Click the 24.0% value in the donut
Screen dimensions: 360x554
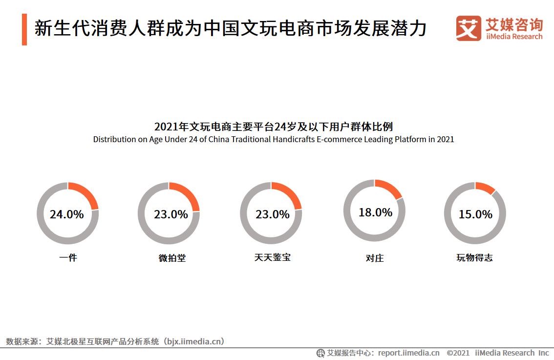tap(67, 214)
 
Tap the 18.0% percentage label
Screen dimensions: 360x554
tap(375, 212)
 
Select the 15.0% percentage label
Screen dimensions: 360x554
tap(475, 214)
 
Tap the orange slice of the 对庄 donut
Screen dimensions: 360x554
tap(391, 189)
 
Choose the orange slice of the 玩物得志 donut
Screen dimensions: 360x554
tap(486, 188)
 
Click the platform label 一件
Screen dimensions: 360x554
tap(68, 257)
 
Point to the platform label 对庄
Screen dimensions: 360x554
tap(375, 258)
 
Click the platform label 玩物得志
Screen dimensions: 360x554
tap(474, 257)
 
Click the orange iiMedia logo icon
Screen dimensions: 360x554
tap(468, 28)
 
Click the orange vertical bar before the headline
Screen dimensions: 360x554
tap(24, 29)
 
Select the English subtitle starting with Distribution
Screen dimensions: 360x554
tap(274, 140)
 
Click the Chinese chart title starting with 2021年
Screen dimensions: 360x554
tap(274, 127)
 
